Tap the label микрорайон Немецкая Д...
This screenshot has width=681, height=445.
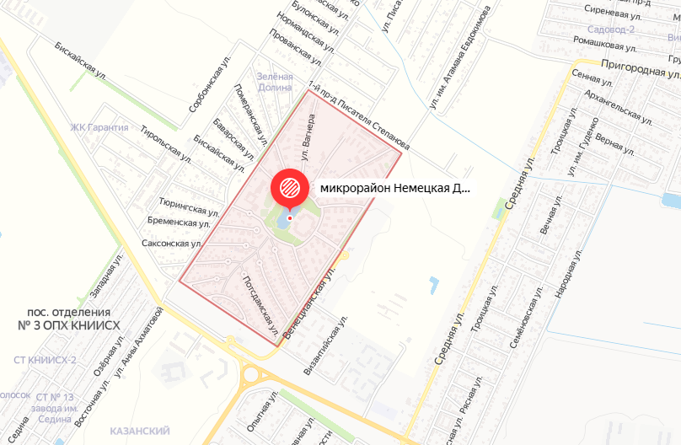(x=395, y=188)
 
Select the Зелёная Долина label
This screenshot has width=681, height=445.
(x=275, y=82)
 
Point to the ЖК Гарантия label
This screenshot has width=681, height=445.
(x=99, y=128)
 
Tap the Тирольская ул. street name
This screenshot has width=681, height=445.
(x=167, y=143)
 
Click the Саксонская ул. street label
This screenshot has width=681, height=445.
(x=173, y=243)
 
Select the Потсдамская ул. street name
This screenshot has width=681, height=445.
(x=260, y=308)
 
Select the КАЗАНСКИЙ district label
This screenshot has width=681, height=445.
(x=140, y=431)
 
